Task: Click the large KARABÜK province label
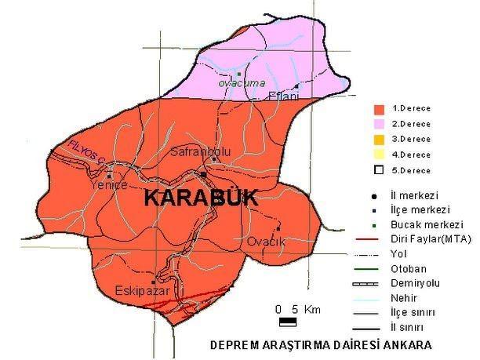[x=201, y=199]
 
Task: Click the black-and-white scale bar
[x=287, y=321]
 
